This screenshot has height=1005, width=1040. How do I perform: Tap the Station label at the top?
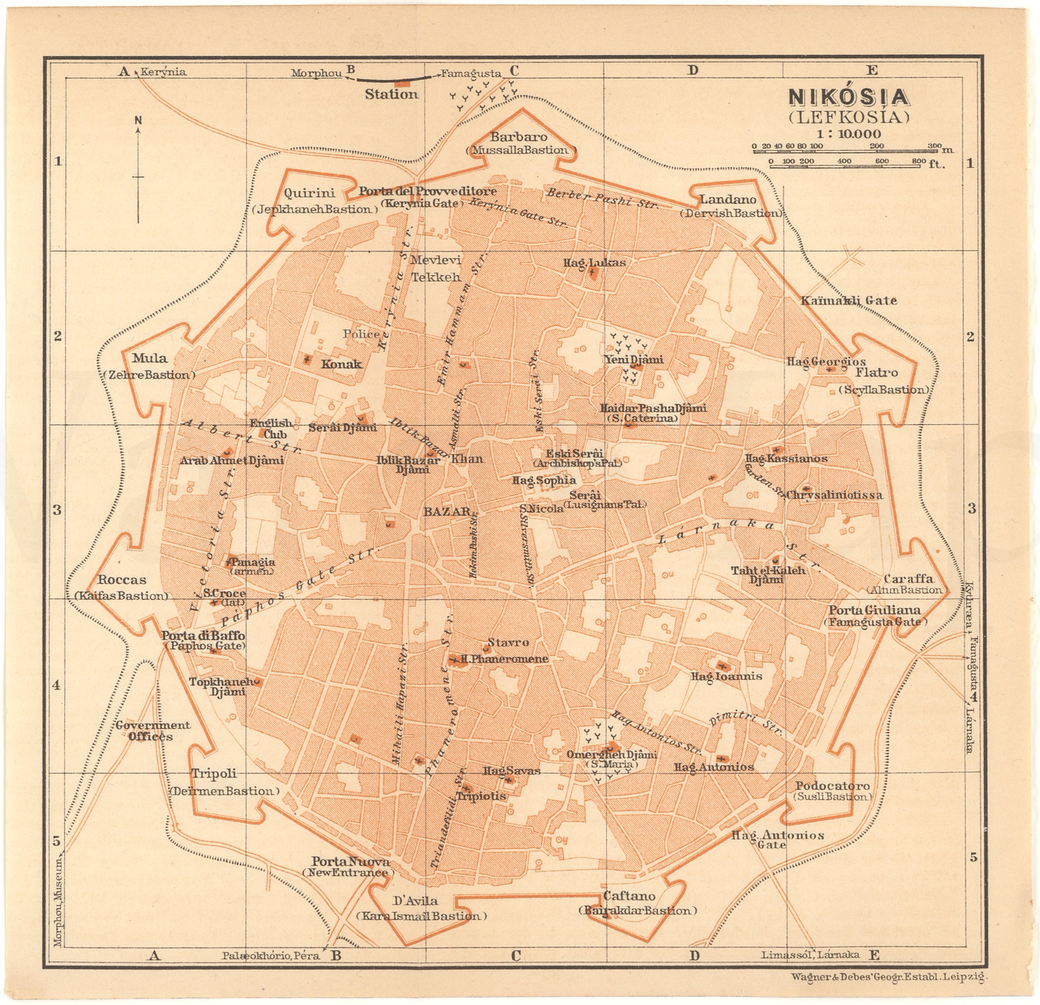[x=392, y=94]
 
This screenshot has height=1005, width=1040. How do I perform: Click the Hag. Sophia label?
[x=544, y=480]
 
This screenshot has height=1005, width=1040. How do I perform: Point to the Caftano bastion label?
[x=629, y=896]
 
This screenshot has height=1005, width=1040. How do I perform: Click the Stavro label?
[x=508, y=642]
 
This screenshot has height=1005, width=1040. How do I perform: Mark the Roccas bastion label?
[x=122, y=580]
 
